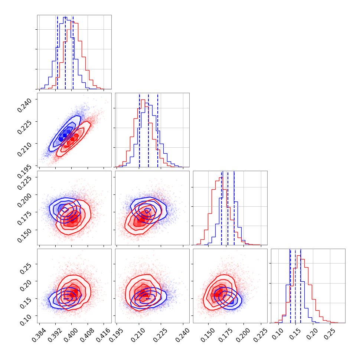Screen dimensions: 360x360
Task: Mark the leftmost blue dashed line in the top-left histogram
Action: (58, 52)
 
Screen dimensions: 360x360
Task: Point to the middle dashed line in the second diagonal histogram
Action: (148, 130)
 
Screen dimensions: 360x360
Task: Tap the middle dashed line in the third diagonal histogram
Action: (228, 208)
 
